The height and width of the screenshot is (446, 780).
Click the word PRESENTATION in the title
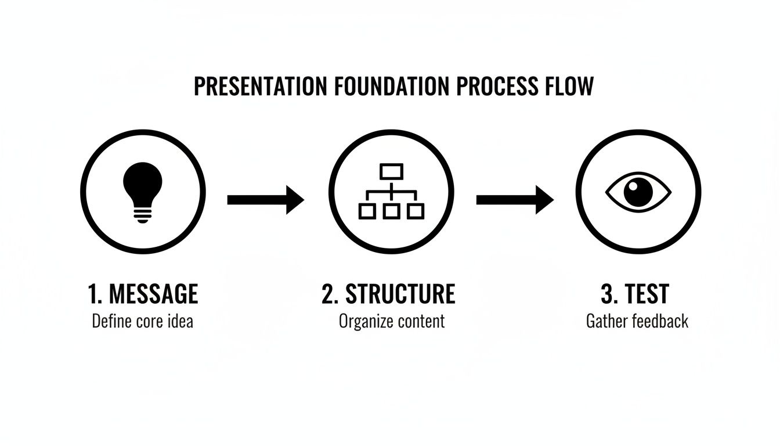261,86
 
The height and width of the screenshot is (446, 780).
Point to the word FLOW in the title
569,86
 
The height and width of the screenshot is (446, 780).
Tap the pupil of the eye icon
638,191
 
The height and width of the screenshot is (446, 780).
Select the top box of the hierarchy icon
391,171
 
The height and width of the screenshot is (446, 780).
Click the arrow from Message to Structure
265,200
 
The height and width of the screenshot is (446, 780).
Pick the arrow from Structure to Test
514,200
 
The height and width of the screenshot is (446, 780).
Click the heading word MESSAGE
153,294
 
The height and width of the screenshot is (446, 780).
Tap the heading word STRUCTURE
400,294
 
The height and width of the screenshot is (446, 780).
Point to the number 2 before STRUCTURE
329,294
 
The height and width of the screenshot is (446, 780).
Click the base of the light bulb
142,216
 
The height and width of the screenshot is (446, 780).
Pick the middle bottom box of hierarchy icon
391,211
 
